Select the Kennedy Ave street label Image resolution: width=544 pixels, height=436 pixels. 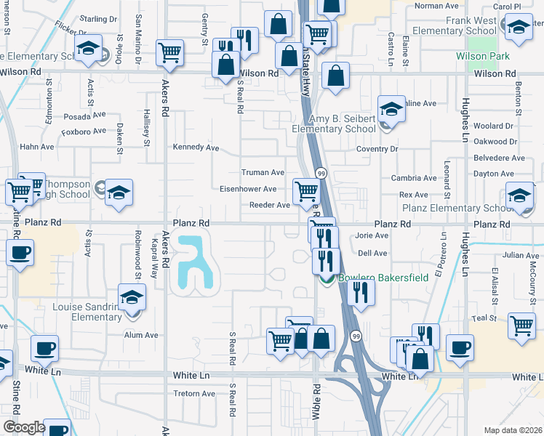[x=196, y=148]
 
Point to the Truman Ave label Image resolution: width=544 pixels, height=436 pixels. [x=263, y=173]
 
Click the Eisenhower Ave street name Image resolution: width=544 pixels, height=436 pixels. [x=248, y=189]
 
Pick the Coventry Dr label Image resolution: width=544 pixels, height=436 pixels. [x=377, y=149]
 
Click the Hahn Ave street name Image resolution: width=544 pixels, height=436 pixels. [x=37, y=146]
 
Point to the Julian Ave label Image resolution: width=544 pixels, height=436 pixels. [x=521, y=255]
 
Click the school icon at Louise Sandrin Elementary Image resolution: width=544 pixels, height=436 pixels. [x=132, y=298]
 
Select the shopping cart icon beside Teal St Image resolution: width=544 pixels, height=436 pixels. [x=521, y=326]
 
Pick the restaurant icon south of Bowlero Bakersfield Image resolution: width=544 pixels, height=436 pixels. [x=359, y=292]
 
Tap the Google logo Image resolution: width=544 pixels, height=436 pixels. [x=24, y=427]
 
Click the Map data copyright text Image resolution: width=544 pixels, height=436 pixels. [x=513, y=430]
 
